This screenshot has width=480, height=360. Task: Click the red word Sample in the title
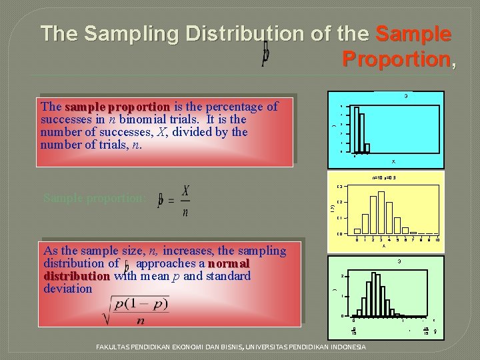click(x=413, y=33)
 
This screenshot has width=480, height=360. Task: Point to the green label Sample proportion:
click(x=94, y=198)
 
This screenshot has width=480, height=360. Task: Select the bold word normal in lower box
click(x=228, y=263)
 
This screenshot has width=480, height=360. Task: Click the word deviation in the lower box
click(x=67, y=289)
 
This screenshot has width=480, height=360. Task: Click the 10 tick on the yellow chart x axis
click(x=437, y=239)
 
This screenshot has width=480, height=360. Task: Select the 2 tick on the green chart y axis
click(x=342, y=276)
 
